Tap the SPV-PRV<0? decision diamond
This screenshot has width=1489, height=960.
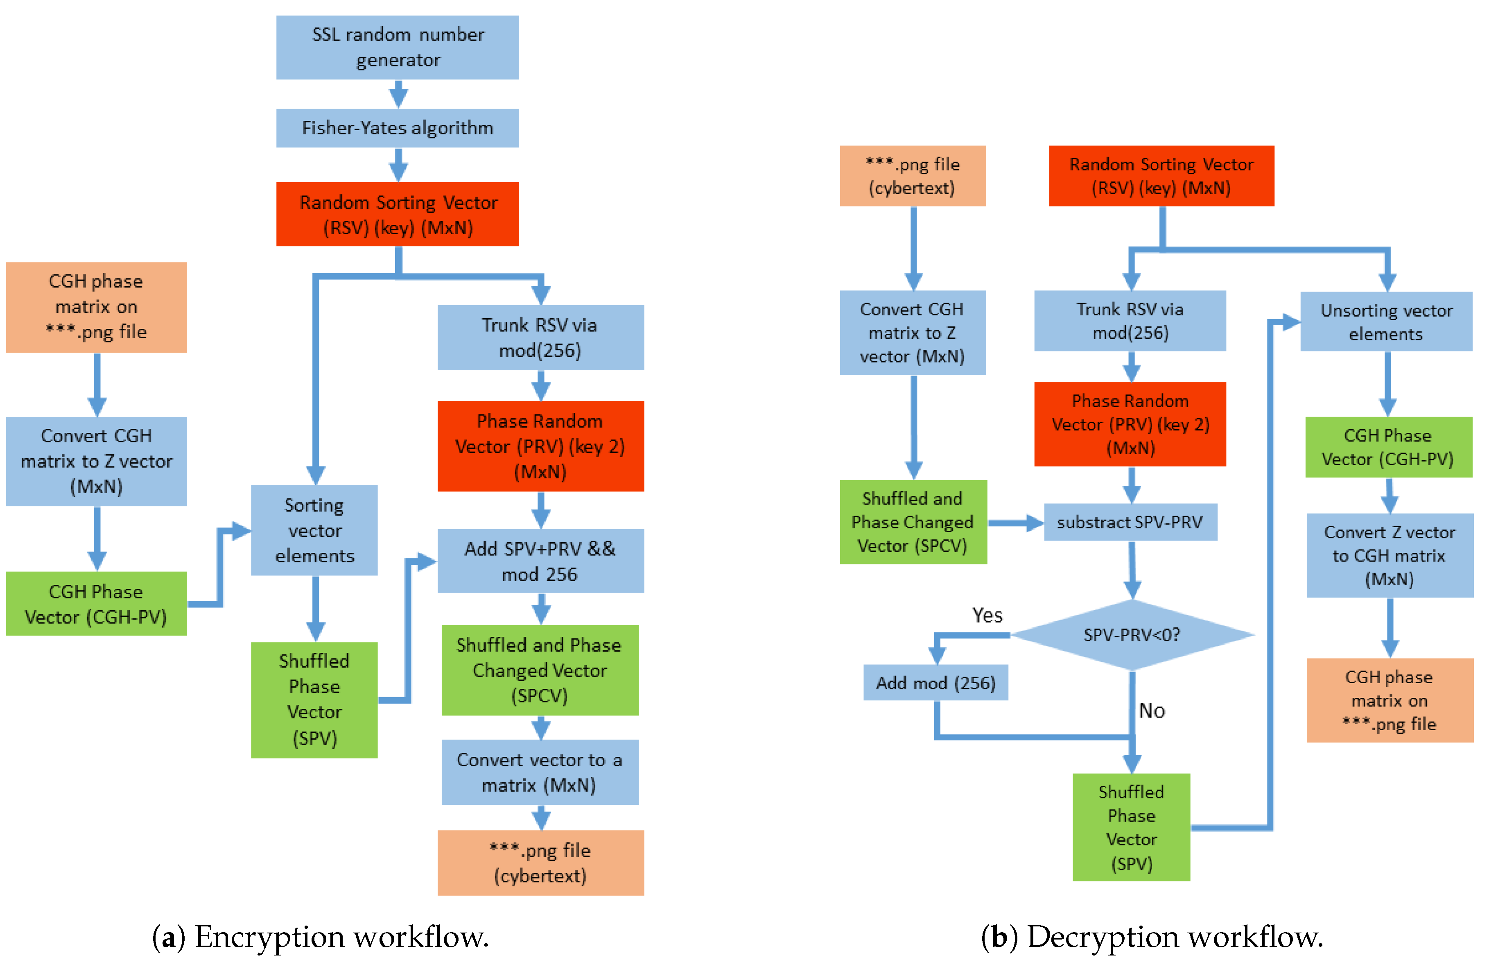pyautogui.click(x=1132, y=634)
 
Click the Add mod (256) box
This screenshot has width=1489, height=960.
pyautogui.click(x=935, y=683)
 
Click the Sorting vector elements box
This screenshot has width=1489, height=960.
pyautogui.click(x=314, y=530)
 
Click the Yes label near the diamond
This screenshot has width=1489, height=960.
pyautogui.click(x=987, y=615)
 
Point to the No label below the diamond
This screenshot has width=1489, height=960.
pyautogui.click(x=1151, y=711)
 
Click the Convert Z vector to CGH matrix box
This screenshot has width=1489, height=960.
pyautogui.click(x=1390, y=555)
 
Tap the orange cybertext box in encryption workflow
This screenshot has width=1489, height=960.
pyautogui.click(x=540, y=863)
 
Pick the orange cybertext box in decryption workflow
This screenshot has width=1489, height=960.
pyautogui.click(x=912, y=176)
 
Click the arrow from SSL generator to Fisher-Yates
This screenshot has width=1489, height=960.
pyautogui.click(x=398, y=95)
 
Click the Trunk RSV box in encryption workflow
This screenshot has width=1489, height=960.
pyautogui.click(x=540, y=337)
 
